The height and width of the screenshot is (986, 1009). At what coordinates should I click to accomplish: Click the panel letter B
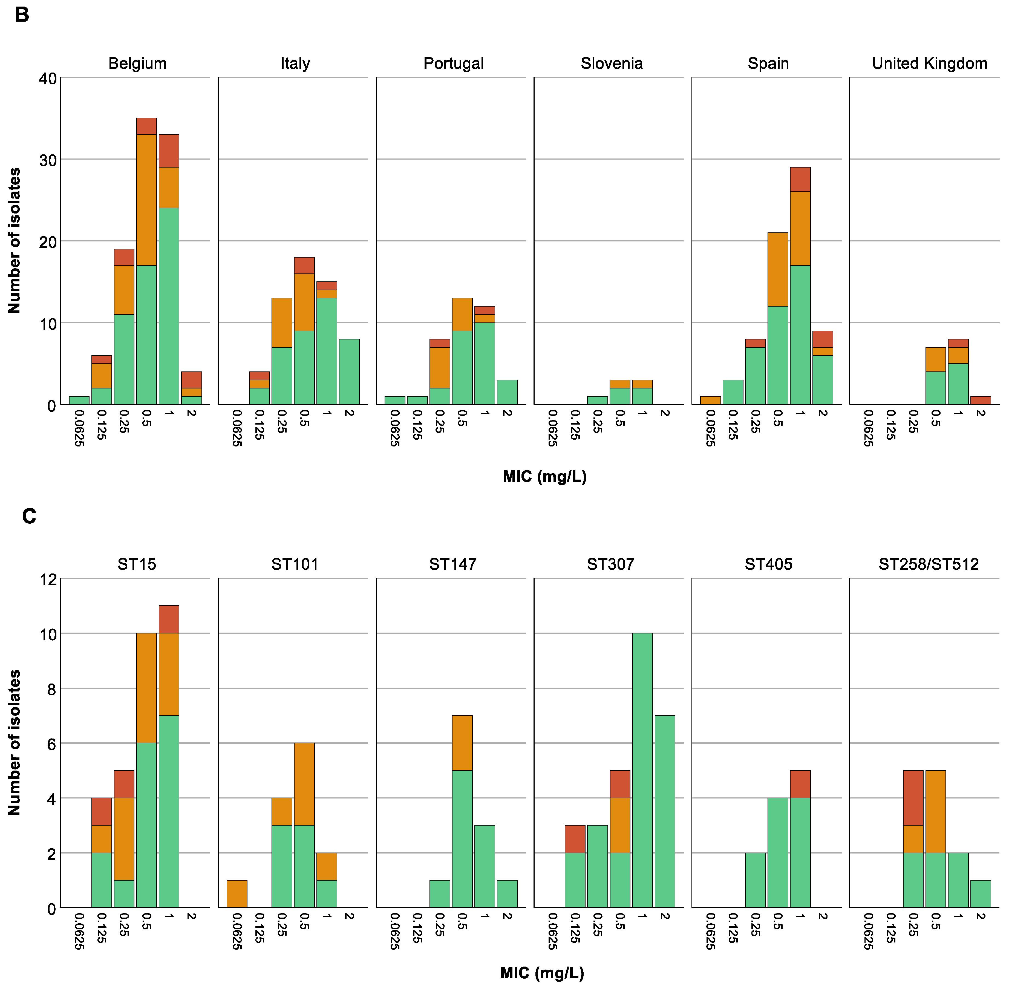21,15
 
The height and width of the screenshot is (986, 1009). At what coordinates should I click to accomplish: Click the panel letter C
29,516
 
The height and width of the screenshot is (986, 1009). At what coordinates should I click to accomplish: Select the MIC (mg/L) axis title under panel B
544,476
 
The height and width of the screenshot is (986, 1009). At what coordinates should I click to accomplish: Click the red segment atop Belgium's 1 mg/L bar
169,151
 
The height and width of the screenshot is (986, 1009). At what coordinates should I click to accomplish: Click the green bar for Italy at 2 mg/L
348,372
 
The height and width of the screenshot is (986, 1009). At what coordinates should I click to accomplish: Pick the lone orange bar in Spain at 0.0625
710,400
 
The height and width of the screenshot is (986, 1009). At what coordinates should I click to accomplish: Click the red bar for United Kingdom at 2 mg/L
980,400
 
